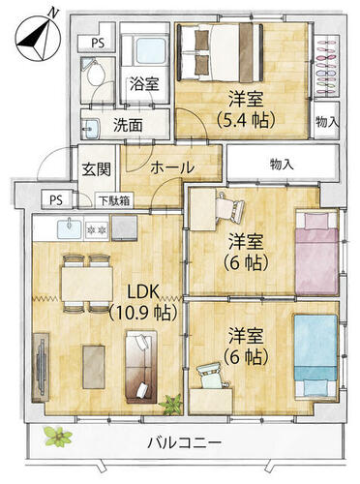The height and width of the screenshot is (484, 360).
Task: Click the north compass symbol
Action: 39,36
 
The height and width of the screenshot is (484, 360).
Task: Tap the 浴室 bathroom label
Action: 144,84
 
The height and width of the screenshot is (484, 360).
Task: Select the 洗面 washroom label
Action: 128,126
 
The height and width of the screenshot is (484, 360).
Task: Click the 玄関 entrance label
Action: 97,169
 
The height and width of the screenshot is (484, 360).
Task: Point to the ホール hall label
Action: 172,167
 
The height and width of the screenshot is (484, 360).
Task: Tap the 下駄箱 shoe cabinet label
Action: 115,201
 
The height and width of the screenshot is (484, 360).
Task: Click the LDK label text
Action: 144,292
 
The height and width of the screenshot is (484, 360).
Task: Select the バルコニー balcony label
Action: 185,442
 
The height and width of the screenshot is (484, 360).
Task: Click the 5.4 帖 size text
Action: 246,119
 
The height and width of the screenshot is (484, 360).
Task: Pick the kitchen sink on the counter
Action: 70,228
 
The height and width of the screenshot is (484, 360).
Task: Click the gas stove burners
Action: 97,229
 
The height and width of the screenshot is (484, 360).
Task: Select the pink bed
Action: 316,254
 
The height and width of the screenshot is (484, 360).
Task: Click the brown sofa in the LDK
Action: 141,367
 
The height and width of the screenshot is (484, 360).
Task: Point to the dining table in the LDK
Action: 87,284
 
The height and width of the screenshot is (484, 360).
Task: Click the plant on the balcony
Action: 58,437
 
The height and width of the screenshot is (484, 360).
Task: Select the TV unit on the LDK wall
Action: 41,368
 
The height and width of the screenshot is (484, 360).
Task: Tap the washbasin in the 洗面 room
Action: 91,128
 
